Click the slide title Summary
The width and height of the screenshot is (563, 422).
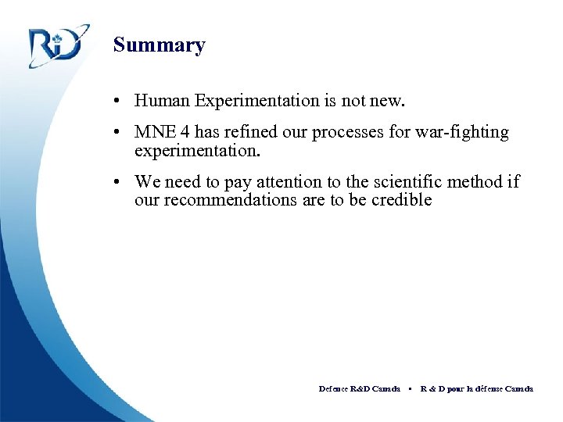[159, 45]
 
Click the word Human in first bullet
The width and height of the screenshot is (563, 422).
[163, 100]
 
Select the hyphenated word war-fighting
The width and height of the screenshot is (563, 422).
[462, 132]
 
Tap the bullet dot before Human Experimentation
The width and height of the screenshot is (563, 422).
[116, 101]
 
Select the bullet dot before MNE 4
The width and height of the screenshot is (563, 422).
[116, 133]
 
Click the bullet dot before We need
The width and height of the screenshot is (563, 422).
[116, 183]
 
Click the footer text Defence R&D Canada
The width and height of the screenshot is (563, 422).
[359, 388]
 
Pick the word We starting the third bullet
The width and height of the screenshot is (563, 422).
[146, 182]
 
